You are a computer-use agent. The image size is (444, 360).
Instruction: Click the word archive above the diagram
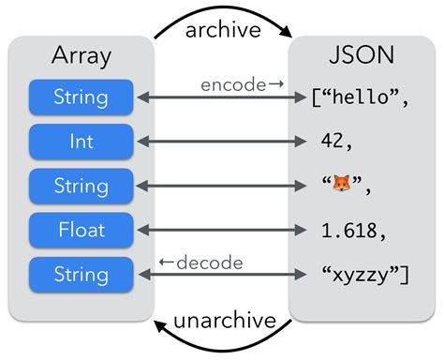click(222, 29)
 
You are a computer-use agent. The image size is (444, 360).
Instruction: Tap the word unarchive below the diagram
click(223, 322)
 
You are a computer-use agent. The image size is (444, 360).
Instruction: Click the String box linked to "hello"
click(81, 97)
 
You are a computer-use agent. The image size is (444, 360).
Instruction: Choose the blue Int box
click(81, 141)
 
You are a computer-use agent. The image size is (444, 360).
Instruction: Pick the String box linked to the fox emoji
click(81, 185)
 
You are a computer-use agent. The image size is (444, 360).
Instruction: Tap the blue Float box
click(81, 229)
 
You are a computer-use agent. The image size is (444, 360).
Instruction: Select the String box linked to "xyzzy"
click(81, 274)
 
